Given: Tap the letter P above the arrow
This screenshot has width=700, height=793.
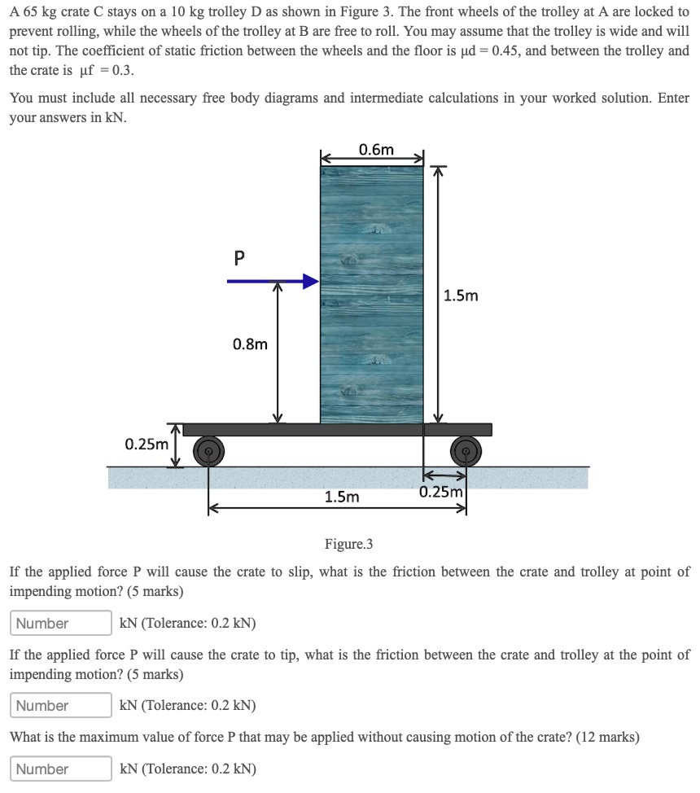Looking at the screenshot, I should [x=238, y=258].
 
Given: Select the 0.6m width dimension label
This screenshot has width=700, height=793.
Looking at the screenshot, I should [x=375, y=149].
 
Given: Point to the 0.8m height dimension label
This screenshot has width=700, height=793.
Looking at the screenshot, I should [x=250, y=344].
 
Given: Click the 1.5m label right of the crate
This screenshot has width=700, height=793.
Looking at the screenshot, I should [x=462, y=296].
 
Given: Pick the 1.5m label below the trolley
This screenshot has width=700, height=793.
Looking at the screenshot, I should [x=341, y=496].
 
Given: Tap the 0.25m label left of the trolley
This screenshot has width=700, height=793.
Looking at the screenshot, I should [x=147, y=444].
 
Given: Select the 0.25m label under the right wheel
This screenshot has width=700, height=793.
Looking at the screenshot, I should [x=441, y=492].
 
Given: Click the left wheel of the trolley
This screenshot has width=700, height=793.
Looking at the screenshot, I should [x=208, y=449].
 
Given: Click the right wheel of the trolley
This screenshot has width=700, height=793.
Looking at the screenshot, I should [x=466, y=449].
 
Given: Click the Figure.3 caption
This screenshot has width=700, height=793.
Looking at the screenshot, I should [x=348, y=544].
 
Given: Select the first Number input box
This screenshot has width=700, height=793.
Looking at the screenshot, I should [x=61, y=624].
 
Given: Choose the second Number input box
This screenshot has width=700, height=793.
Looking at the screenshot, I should [x=61, y=706].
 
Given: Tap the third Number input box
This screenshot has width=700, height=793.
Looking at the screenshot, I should [x=61, y=769].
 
